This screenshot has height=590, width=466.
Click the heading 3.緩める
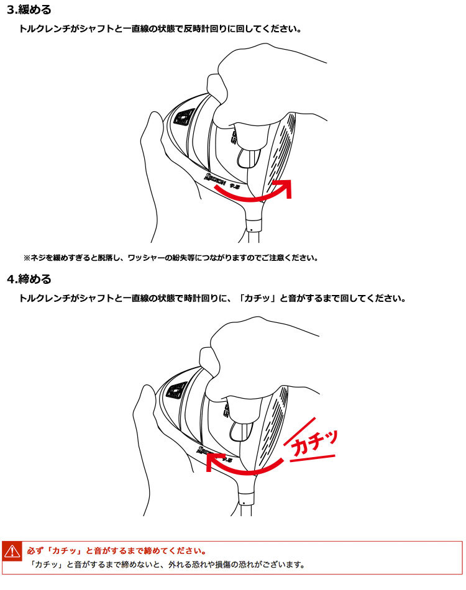[29, 10]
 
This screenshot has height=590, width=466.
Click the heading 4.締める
[29, 279]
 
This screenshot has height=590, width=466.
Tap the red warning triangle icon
[12, 551]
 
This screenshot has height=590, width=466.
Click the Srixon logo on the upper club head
[215, 179]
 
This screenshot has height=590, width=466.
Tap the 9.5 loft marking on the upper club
[235, 186]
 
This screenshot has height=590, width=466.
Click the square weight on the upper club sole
[185, 117]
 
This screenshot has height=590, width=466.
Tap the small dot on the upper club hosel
[251, 229]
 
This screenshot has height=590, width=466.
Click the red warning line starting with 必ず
[117, 551]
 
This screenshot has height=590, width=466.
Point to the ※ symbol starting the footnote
[27, 258]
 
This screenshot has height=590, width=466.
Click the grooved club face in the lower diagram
[273, 425]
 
